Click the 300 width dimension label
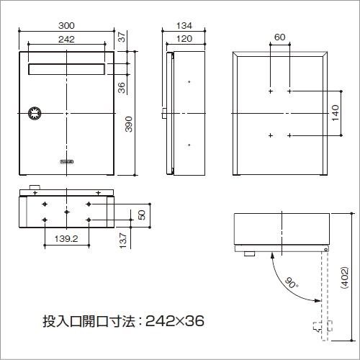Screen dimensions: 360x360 point(66,25)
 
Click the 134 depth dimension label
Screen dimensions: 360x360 point(183,25)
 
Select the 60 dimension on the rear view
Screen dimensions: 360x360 point(279,37)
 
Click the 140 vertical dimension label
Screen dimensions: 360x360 point(336,114)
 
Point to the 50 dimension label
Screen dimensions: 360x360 point(142,214)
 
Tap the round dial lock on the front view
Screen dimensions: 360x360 point(33,114)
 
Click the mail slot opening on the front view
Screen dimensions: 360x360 point(66,69)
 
